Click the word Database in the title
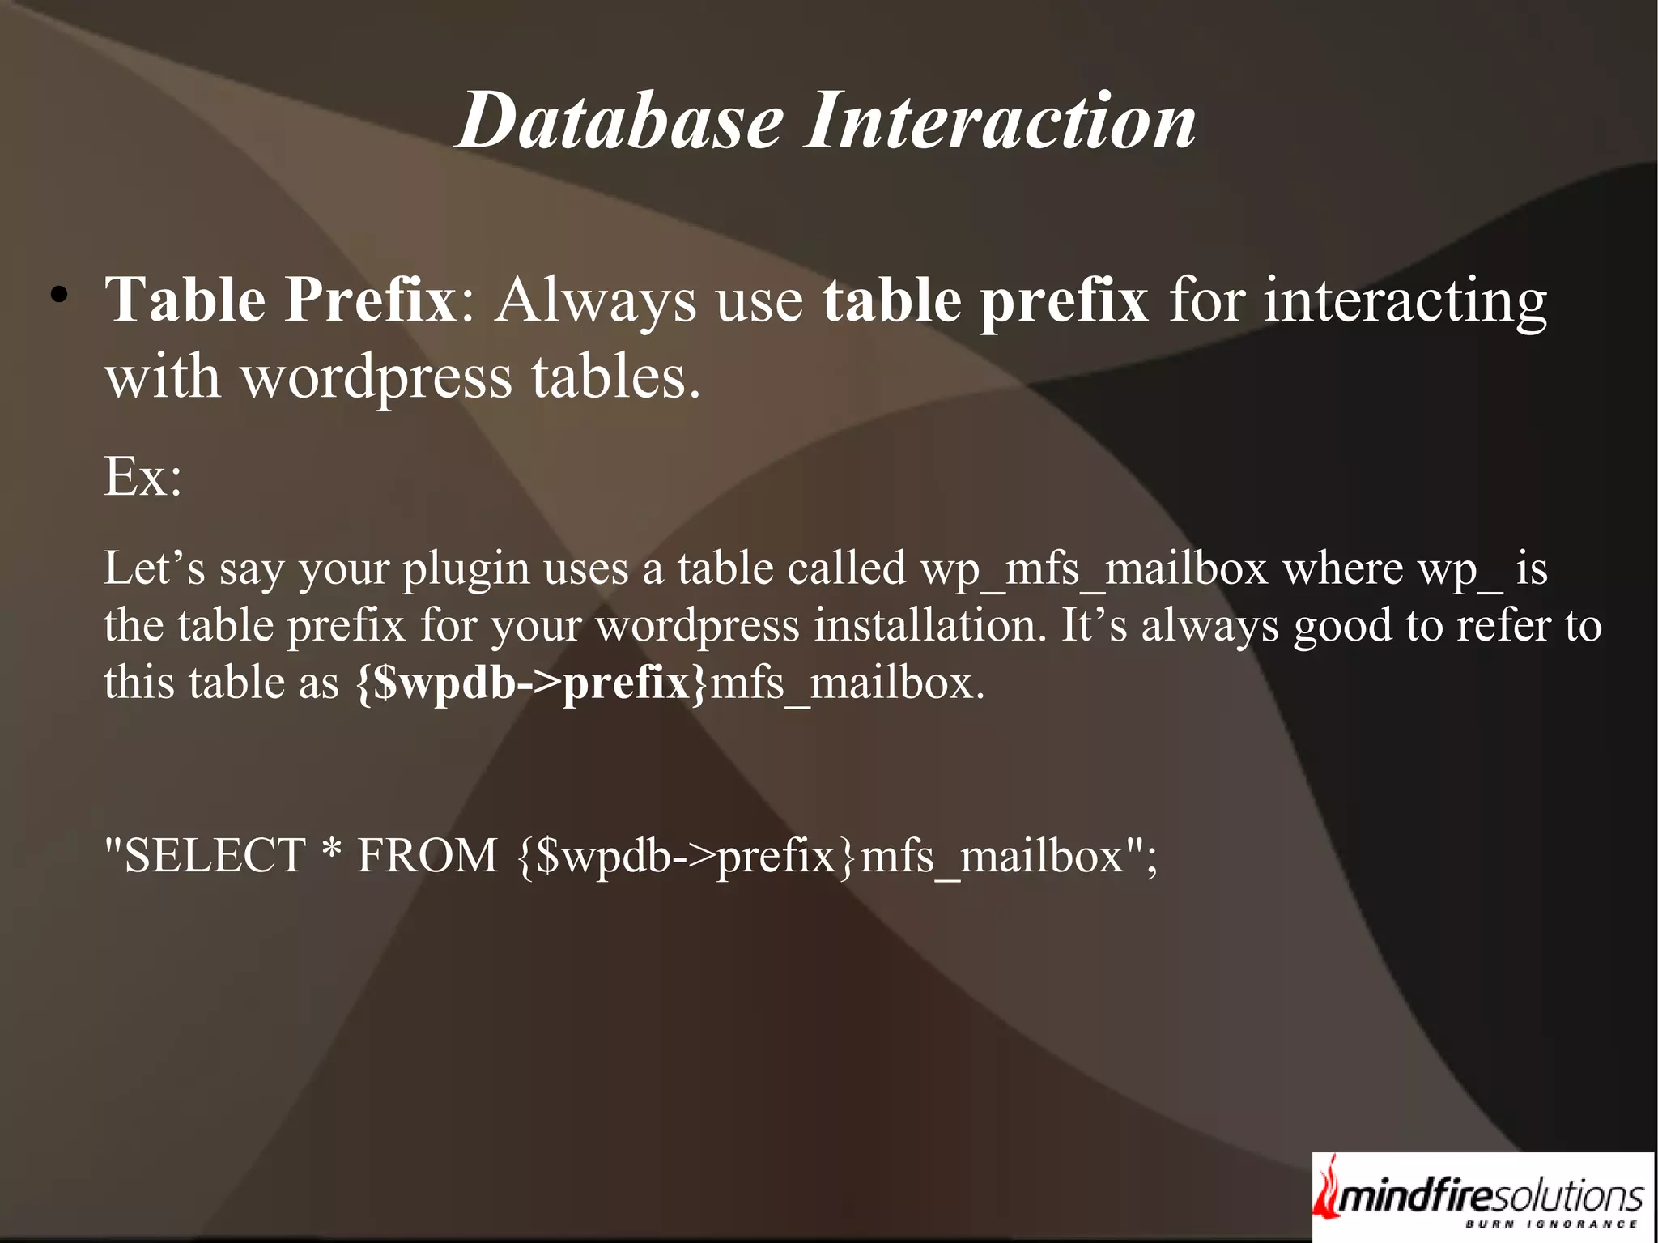[x=619, y=121]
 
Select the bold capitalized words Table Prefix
[x=281, y=300]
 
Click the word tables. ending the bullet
[x=615, y=377]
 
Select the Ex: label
[x=142, y=477]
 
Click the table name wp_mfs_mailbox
[x=1094, y=569]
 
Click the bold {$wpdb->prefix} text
[x=532, y=683]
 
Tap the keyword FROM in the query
[x=427, y=855]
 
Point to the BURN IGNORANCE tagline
[x=1551, y=1224]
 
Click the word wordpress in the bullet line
[x=377, y=377]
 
